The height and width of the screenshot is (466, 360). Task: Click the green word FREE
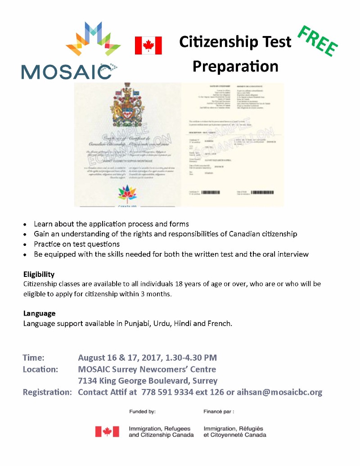click(x=318, y=41)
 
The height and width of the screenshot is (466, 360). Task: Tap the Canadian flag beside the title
click(x=148, y=45)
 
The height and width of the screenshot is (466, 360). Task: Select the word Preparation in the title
click(x=235, y=66)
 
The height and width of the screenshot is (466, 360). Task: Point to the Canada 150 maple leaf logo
click(x=126, y=194)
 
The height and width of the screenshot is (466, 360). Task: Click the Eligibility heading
click(x=39, y=274)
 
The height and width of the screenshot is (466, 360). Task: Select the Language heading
click(x=39, y=313)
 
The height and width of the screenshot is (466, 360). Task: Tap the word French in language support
click(x=220, y=323)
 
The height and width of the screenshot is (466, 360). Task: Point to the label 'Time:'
click(x=33, y=358)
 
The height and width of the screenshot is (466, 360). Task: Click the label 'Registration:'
click(x=47, y=392)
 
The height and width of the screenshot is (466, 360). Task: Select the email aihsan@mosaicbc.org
click(x=279, y=392)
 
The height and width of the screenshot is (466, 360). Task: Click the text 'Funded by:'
click(x=142, y=412)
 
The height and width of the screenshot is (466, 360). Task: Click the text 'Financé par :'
click(x=219, y=412)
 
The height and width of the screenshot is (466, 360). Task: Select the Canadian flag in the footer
click(x=107, y=431)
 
